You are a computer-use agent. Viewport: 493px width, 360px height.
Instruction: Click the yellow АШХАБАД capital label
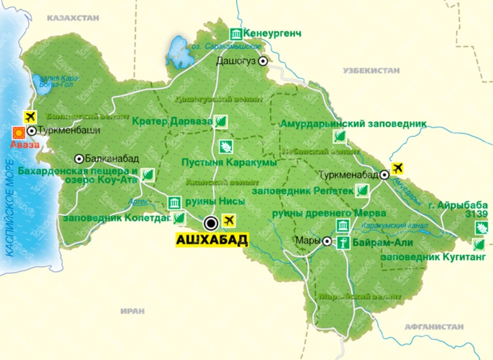(211, 240)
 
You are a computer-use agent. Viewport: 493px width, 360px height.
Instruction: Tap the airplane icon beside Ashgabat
(228, 220)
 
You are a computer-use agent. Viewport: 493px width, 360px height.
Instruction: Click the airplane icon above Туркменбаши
(28, 115)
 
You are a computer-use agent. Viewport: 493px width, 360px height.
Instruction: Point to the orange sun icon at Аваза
(19, 132)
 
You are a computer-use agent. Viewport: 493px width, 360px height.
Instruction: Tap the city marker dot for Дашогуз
(262, 60)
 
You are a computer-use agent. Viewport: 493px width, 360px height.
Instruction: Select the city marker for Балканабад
(79, 158)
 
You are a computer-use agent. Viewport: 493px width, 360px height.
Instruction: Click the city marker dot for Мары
(327, 242)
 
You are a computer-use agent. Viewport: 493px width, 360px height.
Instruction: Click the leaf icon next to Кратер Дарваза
(221, 121)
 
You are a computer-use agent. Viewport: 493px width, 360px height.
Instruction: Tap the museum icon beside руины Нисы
(174, 202)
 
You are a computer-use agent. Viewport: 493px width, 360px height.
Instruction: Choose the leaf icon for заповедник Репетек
(362, 191)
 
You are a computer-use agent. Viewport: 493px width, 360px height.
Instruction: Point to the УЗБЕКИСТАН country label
(370, 70)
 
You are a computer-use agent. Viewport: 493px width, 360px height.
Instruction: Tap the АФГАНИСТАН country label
(434, 327)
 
